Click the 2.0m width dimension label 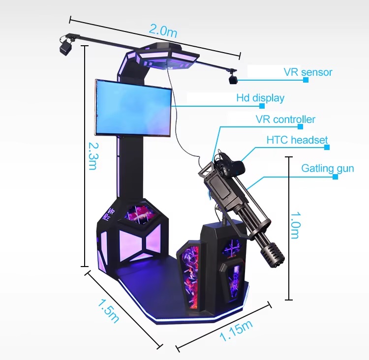point(163,31)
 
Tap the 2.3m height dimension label point(93,156)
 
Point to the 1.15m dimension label point(236,330)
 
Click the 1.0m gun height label point(295,225)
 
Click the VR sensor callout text point(308,72)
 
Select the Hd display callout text point(260,98)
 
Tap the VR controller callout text point(285,120)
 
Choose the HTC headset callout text point(297,140)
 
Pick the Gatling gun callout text point(328,169)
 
